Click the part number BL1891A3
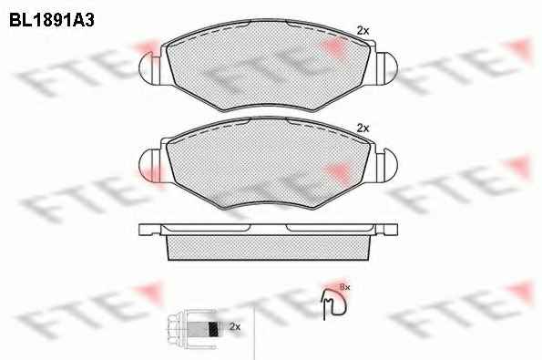52,21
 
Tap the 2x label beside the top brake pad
363,31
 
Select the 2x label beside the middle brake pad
363,129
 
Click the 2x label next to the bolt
235,326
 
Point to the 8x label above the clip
345,287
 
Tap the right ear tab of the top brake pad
386,67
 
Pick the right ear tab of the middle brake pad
386,165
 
